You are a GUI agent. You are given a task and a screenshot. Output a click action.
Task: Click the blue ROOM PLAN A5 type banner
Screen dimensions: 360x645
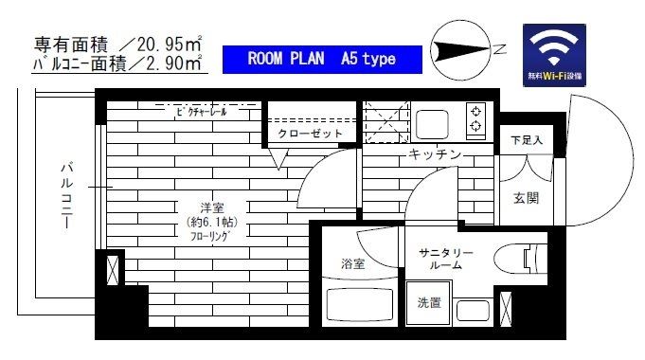(x=322, y=59)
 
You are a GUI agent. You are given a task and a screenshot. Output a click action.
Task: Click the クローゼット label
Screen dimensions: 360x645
(x=310, y=135)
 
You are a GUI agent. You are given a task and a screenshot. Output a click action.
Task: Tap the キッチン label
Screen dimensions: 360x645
(x=436, y=153)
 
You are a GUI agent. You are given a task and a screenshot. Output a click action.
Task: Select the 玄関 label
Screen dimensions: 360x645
(x=527, y=198)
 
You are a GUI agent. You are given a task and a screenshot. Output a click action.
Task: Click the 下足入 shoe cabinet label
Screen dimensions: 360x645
(x=528, y=140)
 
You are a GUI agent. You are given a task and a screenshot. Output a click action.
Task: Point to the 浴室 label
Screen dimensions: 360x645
(x=352, y=264)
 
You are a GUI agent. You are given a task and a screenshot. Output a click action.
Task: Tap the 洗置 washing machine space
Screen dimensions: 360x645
(x=428, y=303)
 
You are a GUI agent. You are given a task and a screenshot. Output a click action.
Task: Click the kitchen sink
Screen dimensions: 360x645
(x=432, y=123)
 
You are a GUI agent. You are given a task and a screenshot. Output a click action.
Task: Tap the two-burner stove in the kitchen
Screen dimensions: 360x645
(x=474, y=118)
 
